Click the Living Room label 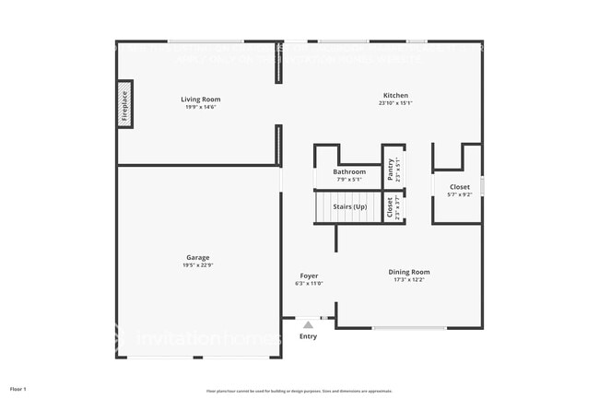pyautogui.click(x=200, y=100)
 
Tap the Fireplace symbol pyautogui.click(x=124, y=105)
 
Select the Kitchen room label pyautogui.click(x=396, y=95)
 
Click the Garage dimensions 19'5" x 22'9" pyautogui.click(x=197, y=265)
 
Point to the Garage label pyautogui.click(x=197, y=257)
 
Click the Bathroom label pyautogui.click(x=349, y=171)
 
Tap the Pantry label pyautogui.click(x=391, y=169)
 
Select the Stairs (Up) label pyautogui.click(x=349, y=206)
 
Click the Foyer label pyautogui.click(x=309, y=276)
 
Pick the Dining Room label pyautogui.click(x=409, y=272)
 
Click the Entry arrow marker pyautogui.click(x=308, y=324)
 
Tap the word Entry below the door pyautogui.click(x=308, y=336)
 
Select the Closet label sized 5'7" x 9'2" pyautogui.click(x=459, y=187)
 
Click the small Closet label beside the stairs pyautogui.click(x=391, y=206)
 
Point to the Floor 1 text pyautogui.click(x=18, y=389)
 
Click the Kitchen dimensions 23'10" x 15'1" pyautogui.click(x=395, y=103)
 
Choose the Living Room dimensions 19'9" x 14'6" pyautogui.click(x=200, y=108)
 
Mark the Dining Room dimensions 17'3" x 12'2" pyautogui.click(x=409, y=280)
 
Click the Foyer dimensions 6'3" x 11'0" pyautogui.click(x=309, y=284)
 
